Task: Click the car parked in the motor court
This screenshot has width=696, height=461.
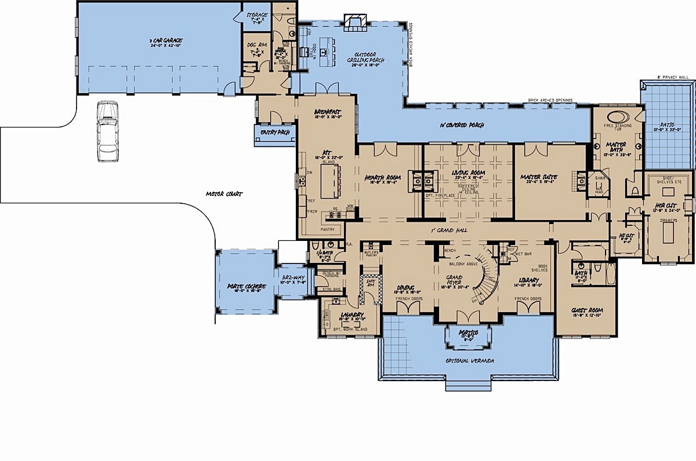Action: [107, 131]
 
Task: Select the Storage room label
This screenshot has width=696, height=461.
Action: [256, 14]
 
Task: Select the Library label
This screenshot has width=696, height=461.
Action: [528, 281]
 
